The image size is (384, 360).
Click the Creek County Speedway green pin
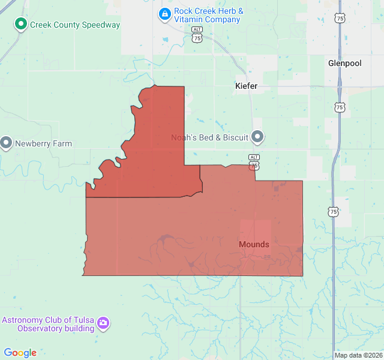pyautogui.click(x=21, y=25)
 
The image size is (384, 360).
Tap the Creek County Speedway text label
pyautogui.click(x=75, y=25)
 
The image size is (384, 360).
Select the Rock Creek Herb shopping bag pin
pyautogui.click(x=164, y=13)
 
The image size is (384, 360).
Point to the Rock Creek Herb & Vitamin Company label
pyautogui.click(x=208, y=16)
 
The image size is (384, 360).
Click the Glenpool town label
pyautogui.click(x=345, y=63)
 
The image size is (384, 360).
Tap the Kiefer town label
pyautogui.click(x=246, y=86)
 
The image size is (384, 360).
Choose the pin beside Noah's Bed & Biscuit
pyautogui.click(x=258, y=137)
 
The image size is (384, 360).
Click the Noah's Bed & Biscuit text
pyautogui.click(x=209, y=138)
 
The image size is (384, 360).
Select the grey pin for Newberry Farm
pyautogui.click(x=7, y=143)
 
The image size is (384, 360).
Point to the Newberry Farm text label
pyautogui.click(x=43, y=144)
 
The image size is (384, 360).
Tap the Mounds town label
pyautogui.click(x=254, y=244)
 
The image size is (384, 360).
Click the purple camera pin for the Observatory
pyautogui.click(x=104, y=324)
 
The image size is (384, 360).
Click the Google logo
pyautogui.click(x=20, y=353)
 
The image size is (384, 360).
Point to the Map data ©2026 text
pyautogui.click(x=358, y=355)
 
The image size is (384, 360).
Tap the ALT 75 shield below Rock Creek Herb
pyautogui.click(x=197, y=35)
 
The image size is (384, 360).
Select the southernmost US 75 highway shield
pyautogui.click(x=333, y=211)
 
